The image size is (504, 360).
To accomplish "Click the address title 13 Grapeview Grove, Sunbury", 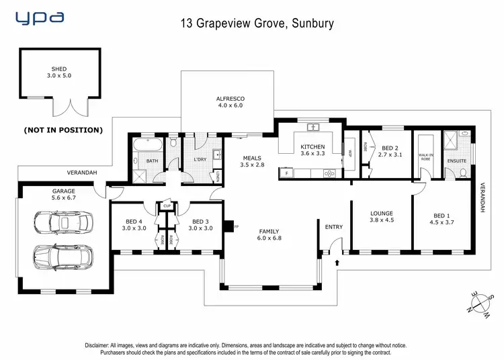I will pyautogui.click(x=257, y=24).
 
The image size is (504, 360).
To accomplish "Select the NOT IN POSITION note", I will pyautogui.click(x=63, y=130).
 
